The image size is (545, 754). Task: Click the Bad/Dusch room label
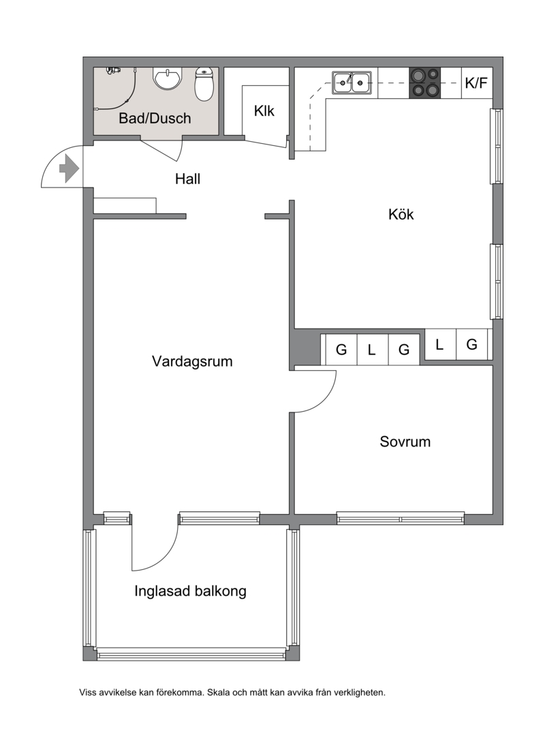(155, 118)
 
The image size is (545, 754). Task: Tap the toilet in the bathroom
(204, 84)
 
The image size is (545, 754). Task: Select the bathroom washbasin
(168, 78)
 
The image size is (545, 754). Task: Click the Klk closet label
(264, 110)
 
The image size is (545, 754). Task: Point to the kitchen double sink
(352, 82)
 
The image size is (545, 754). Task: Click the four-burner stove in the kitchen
(425, 82)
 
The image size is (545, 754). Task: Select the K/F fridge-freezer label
(476, 82)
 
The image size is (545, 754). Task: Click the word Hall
(187, 179)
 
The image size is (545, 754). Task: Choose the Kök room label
(401, 214)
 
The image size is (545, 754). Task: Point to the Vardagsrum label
(192, 361)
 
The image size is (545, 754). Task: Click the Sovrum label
(405, 442)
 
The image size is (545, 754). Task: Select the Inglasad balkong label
(190, 591)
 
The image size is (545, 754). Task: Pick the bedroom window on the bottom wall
(401, 518)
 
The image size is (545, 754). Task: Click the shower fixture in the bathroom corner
(113, 71)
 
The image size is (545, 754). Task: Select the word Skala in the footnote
(217, 693)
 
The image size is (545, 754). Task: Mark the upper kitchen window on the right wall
(497, 146)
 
